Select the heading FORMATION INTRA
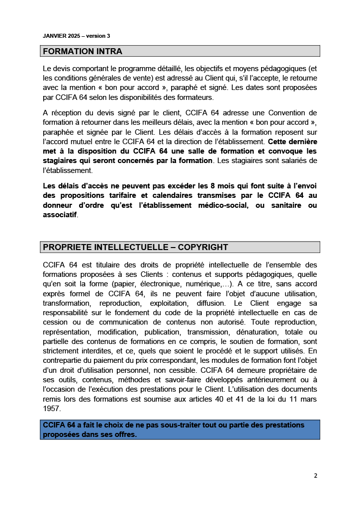tap(83, 51)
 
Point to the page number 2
tap(315, 475)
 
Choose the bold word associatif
tap(60, 215)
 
